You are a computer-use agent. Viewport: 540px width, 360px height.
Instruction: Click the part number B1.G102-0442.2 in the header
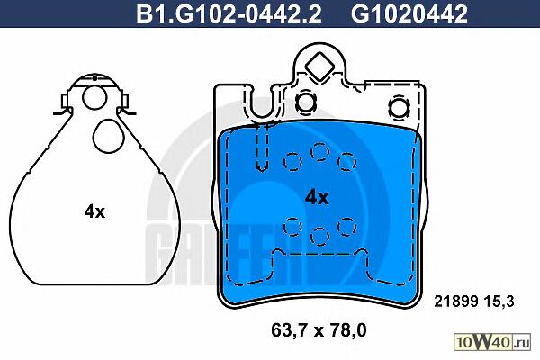229,13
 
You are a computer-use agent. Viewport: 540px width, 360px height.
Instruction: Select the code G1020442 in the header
409,13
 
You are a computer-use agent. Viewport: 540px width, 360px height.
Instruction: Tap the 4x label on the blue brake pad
317,198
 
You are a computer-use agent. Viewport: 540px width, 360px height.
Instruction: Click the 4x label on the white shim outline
94,211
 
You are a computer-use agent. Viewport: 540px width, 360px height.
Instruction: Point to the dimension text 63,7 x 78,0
319,330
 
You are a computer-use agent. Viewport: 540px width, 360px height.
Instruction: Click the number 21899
455,301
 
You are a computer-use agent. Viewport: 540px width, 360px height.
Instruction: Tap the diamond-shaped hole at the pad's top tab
319,67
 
